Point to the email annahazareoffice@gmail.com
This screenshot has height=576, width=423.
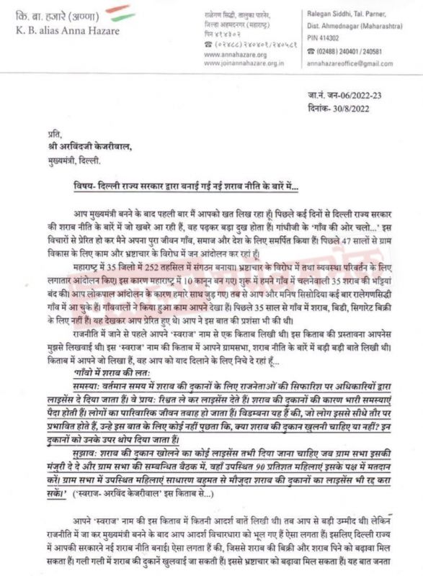(352, 63)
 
